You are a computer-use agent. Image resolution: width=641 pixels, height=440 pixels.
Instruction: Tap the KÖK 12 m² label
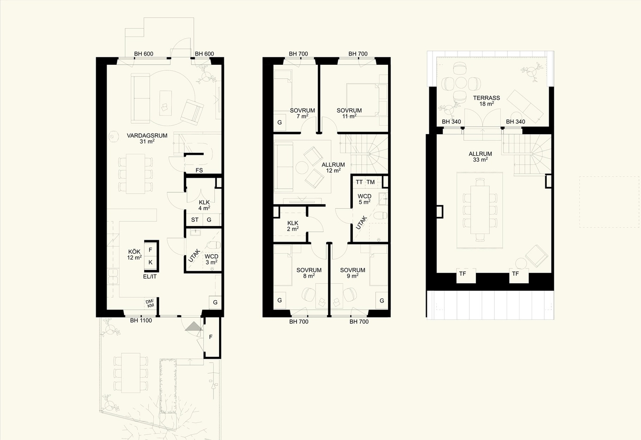[x=134, y=254]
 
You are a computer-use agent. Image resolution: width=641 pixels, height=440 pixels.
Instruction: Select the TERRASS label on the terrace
[x=487, y=98]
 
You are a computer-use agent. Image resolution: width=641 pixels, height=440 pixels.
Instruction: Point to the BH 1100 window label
[x=141, y=320]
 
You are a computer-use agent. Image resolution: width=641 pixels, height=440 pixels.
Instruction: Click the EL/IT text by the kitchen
[x=150, y=276]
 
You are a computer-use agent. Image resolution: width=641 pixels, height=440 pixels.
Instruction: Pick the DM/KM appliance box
[x=150, y=303]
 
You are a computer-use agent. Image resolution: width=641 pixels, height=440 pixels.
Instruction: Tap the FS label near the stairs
[x=199, y=170]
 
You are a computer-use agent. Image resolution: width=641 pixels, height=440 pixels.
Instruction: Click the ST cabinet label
[x=195, y=220]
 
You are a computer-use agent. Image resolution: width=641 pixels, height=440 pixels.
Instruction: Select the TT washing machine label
[x=359, y=182]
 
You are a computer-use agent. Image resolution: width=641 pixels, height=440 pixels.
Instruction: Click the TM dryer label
[x=371, y=182]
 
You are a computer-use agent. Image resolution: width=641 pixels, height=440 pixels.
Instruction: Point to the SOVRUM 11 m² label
[x=349, y=113]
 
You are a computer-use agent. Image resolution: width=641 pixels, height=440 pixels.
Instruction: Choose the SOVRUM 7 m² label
[x=302, y=113]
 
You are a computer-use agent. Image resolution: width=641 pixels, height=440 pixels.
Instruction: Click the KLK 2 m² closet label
[x=293, y=226]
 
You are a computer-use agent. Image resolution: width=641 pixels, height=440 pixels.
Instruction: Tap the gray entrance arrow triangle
[x=194, y=326]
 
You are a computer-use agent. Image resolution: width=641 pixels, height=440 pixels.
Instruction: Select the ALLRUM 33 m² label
[x=480, y=157]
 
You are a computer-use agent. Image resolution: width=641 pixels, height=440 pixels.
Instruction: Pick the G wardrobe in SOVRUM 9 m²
[x=382, y=300]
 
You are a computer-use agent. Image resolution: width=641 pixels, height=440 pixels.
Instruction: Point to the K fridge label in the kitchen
[x=151, y=262]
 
